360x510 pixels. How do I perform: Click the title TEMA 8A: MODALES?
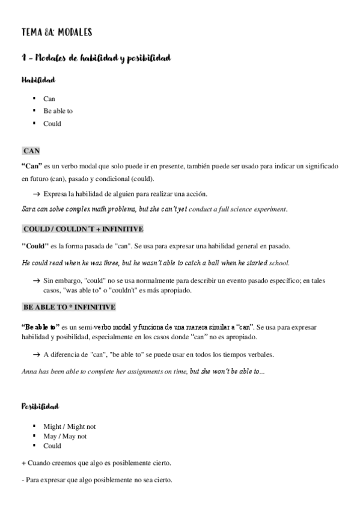56,32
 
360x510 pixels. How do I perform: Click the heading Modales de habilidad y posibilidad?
96,58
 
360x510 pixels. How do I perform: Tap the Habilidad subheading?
39,80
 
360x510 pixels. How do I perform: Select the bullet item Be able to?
58,111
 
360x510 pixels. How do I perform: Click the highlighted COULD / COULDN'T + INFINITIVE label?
82,230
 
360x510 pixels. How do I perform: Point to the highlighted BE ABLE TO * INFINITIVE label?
69,307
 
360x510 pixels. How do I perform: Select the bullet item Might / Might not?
69,426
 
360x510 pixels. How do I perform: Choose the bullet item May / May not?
65,436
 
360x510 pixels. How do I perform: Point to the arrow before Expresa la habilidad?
36,194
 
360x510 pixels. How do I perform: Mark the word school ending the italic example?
279,263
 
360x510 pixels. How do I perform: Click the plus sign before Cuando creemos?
23,463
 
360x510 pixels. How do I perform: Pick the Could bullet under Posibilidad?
52,446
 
